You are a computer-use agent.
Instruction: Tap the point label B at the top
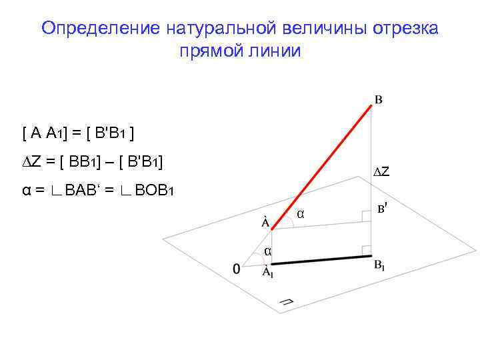(x=378, y=100)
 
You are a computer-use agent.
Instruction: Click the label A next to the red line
(x=265, y=222)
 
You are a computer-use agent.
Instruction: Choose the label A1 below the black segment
(x=267, y=271)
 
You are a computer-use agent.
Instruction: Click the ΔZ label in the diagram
(x=381, y=172)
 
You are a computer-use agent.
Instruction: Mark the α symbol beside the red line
(x=301, y=214)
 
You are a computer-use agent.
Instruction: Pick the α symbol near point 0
(x=267, y=251)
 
